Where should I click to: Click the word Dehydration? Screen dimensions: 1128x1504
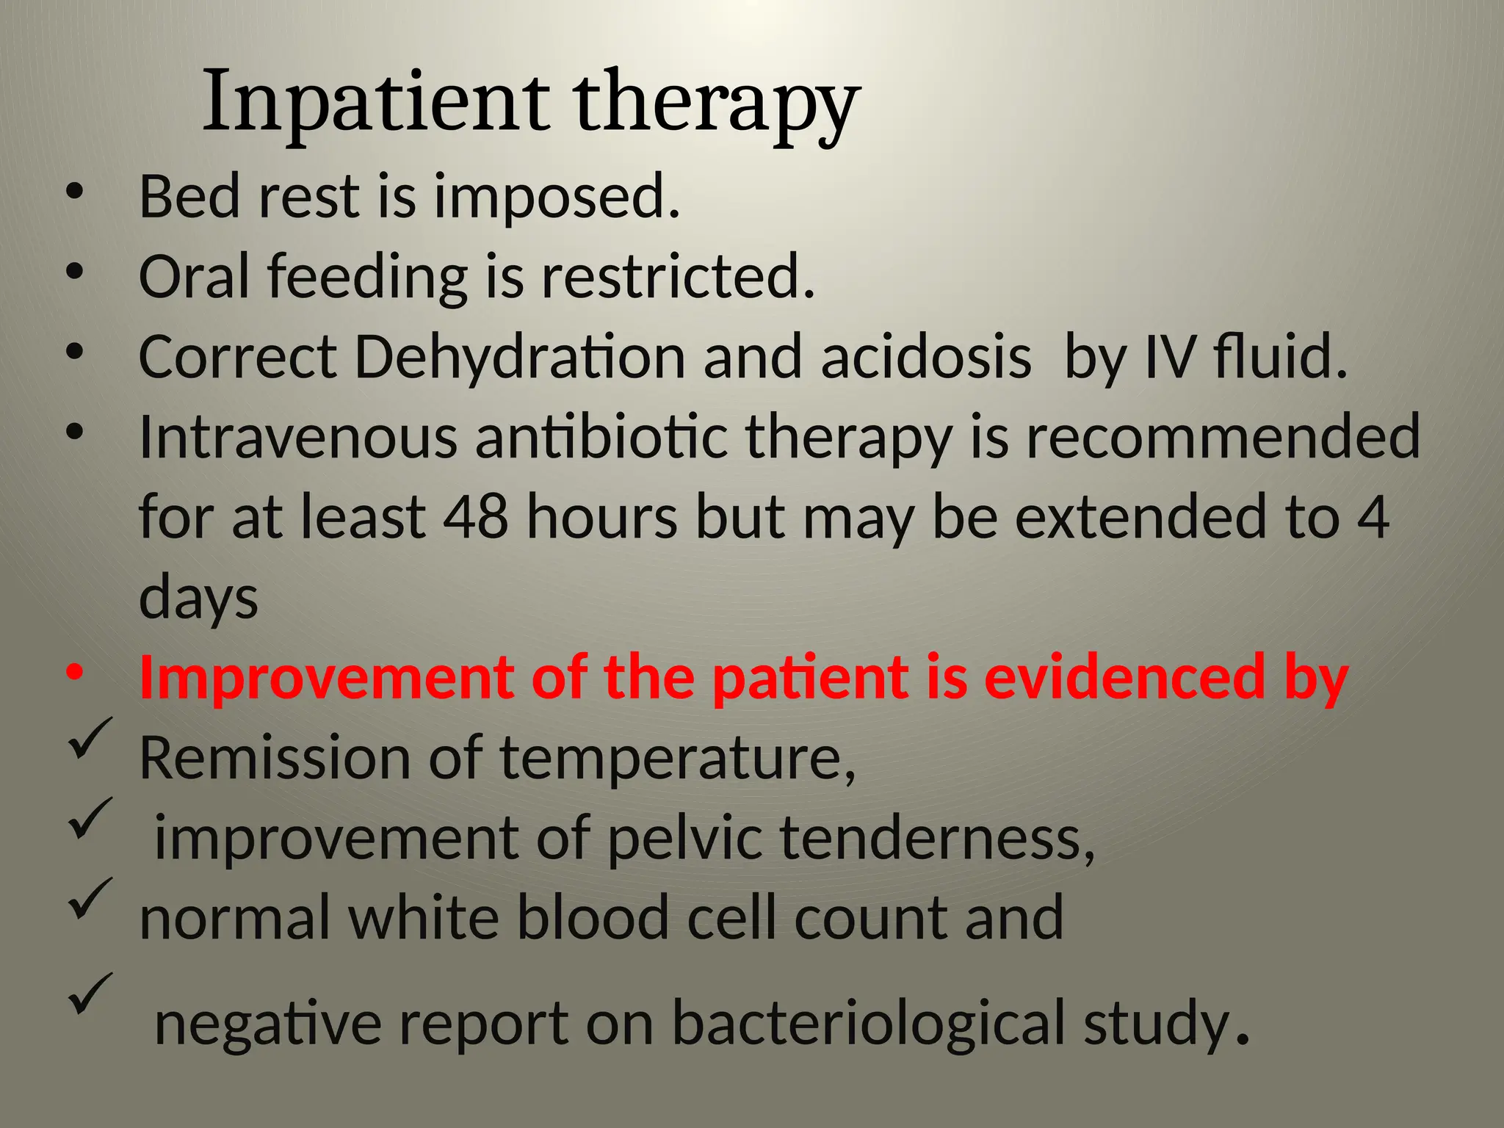520,357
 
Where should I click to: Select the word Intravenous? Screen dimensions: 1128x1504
298,436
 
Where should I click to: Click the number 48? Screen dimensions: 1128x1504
475,517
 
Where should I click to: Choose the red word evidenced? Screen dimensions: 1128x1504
1124,677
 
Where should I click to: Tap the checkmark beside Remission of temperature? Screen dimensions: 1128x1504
90,738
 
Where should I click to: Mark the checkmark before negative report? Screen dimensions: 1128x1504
90,993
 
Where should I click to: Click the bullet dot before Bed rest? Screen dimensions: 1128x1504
74,192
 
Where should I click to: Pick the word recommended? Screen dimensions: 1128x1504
1222,436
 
